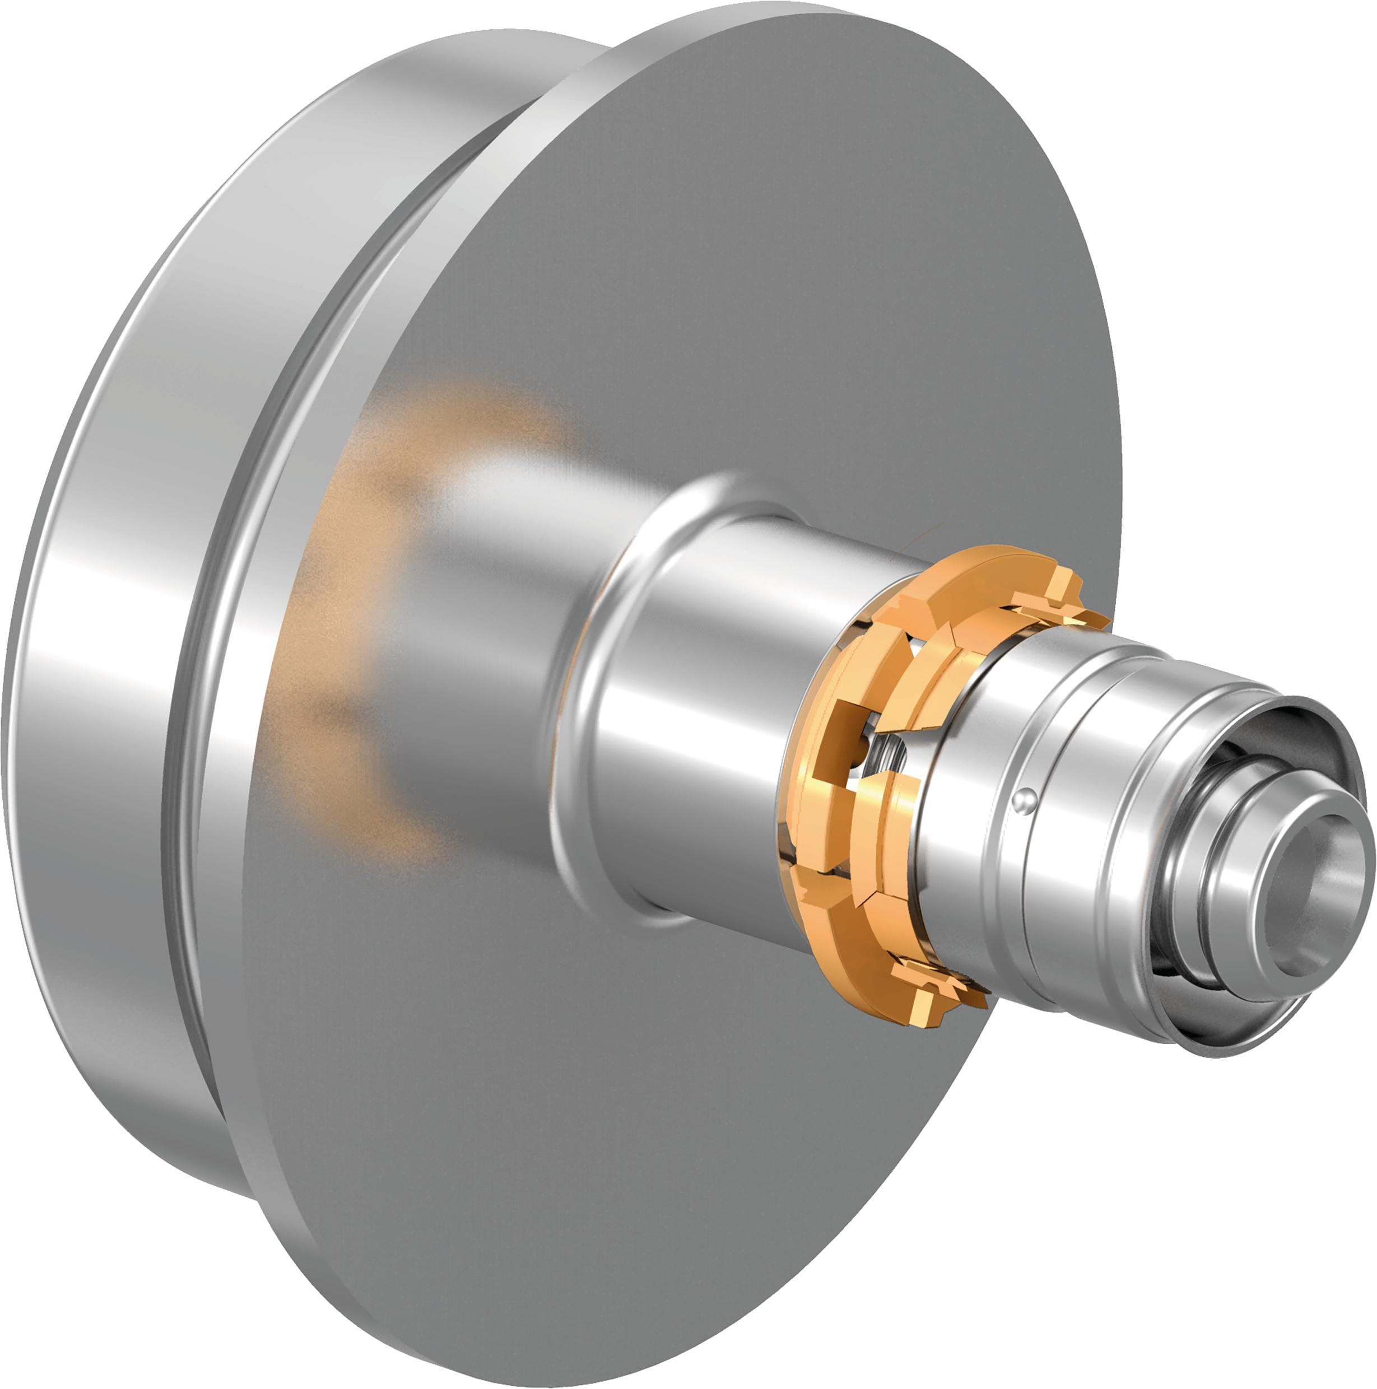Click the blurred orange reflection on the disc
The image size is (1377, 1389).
click(x=338, y=611)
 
